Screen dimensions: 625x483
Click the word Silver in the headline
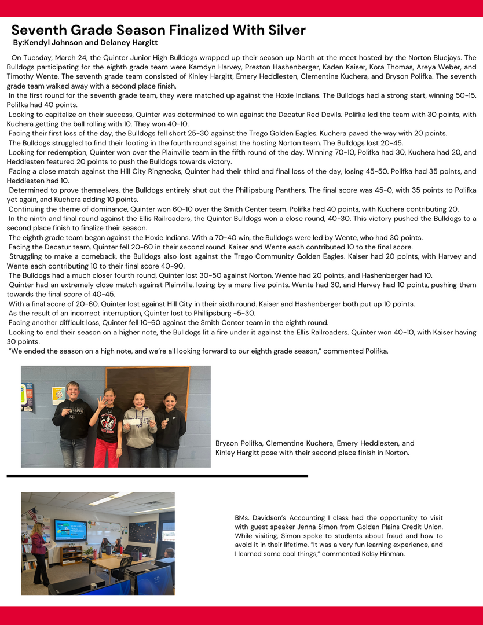[x=280, y=30]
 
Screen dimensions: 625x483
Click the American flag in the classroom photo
[x=31, y=514]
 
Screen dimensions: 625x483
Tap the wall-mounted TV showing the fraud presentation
[x=71, y=529]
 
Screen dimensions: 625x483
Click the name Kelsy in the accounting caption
[x=394, y=554]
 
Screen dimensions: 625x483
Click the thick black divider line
[x=157, y=476]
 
